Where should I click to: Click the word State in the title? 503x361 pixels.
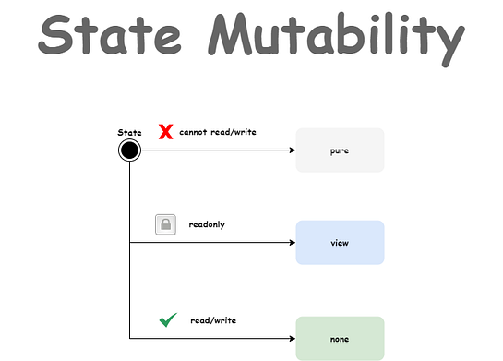pyautogui.click(x=110, y=35)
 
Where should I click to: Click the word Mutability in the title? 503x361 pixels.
pyautogui.click(x=336, y=39)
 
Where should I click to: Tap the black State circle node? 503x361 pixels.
pyautogui.click(x=129, y=150)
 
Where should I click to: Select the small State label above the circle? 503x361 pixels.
pyautogui.click(x=129, y=132)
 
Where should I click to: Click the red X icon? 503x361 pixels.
pyautogui.click(x=166, y=131)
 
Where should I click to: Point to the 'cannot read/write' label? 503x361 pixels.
pyautogui.click(x=218, y=132)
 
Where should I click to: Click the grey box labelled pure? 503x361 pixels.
pyautogui.click(x=340, y=150)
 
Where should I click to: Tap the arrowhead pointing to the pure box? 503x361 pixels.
pyautogui.click(x=293, y=150)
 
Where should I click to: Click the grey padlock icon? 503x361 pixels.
pyautogui.click(x=165, y=224)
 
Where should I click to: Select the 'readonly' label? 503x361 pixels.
pyautogui.click(x=207, y=224)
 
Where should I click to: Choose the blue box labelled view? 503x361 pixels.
pyautogui.click(x=340, y=243)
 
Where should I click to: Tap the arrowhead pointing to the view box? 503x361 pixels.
pyautogui.click(x=293, y=242)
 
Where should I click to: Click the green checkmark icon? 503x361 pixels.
pyautogui.click(x=168, y=320)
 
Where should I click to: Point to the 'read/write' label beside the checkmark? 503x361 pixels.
pyautogui.click(x=213, y=320)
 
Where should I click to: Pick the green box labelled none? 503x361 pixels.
pyautogui.click(x=340, y=339)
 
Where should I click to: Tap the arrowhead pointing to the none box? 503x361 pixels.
pyautogui.click(x=293, y=338)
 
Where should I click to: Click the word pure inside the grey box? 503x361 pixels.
pyautogui.click(x=340, y=150)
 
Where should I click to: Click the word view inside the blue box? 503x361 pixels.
pyautogui.click(x=340, y=243)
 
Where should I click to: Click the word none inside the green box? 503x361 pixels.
pyautogui.click(x=340, y=339)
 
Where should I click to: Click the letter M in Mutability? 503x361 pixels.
pyautogui.click(x=231, y=34)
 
